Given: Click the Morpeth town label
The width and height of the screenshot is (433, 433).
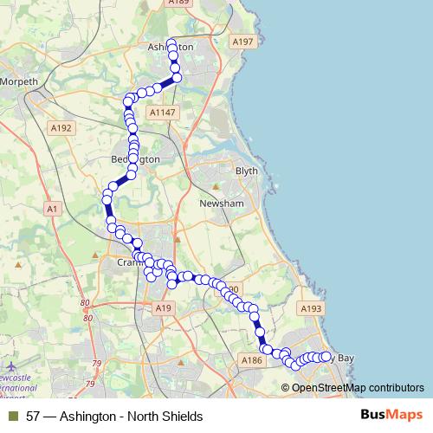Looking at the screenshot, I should (x=21, y=81).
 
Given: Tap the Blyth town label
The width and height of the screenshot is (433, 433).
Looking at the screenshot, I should (x=247, y=171).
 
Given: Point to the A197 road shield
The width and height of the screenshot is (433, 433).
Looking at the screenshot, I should (x=242, y=41).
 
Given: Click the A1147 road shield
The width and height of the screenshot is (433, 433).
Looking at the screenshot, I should (x=162, y=113).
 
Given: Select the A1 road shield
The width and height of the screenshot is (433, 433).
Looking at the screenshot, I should (x=53, y=209).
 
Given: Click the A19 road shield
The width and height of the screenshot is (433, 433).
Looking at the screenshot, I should (x=164, y=307).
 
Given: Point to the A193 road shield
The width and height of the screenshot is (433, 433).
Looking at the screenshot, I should (x=311, y=308).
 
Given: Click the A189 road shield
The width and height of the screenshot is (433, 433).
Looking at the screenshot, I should (x=179, y=3).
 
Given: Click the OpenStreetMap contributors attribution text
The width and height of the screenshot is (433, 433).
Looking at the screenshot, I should (x=358, y=387).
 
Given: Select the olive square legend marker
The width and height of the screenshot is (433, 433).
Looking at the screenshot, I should (x=13, y=417).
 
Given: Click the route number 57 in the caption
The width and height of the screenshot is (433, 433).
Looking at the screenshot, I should (x=34, y=417).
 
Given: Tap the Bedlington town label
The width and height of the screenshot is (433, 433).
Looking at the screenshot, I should (x=136, y=160).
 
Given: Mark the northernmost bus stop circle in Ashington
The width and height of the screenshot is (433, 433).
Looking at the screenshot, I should (x=171, y=43).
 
